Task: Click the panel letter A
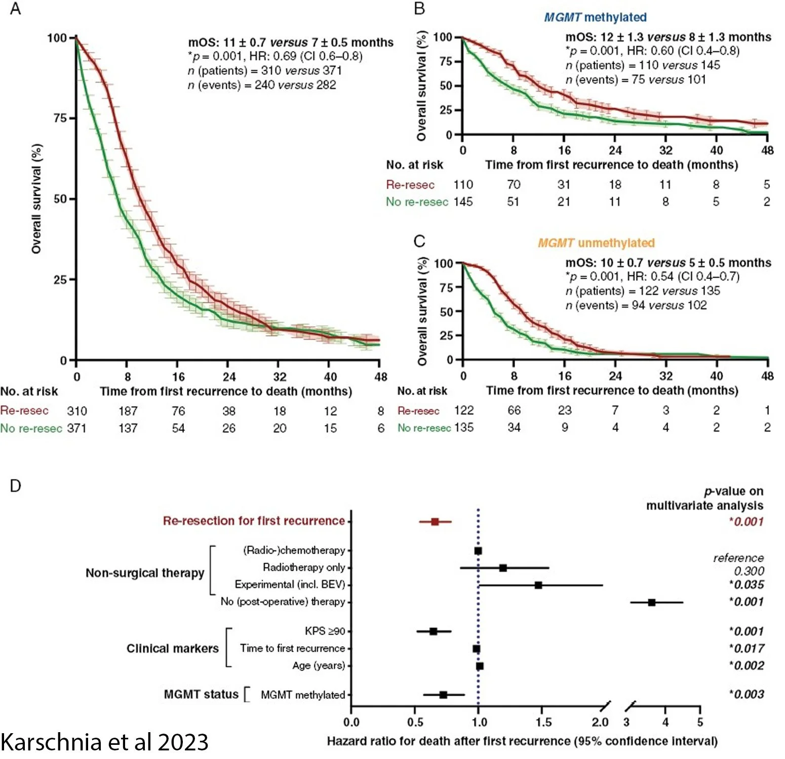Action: (15, 9)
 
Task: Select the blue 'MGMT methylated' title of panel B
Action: (595, 17)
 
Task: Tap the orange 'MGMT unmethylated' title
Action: (596, 243)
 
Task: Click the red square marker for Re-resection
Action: (435, 521)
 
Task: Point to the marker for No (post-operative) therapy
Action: (652, 602)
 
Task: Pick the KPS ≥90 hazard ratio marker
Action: (433, 631)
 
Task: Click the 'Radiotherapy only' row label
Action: (303, 567)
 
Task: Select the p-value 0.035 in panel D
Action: (747, 584)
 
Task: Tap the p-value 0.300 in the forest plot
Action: (749, 571)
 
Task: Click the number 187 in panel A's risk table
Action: (128, 411)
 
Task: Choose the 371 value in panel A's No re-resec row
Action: (76, 428)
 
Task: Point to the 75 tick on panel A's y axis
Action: (60, 118)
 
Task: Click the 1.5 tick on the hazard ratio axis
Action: (543, 722)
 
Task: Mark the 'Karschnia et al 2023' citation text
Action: (104, 742)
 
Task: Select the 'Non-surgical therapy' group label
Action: (145, 573)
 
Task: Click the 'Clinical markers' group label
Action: (172, 648)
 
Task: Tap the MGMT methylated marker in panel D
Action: (443, 695)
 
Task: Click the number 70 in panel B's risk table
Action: (513, 185)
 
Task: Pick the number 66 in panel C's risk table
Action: (514, 410)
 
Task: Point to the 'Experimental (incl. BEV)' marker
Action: (538, 585)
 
